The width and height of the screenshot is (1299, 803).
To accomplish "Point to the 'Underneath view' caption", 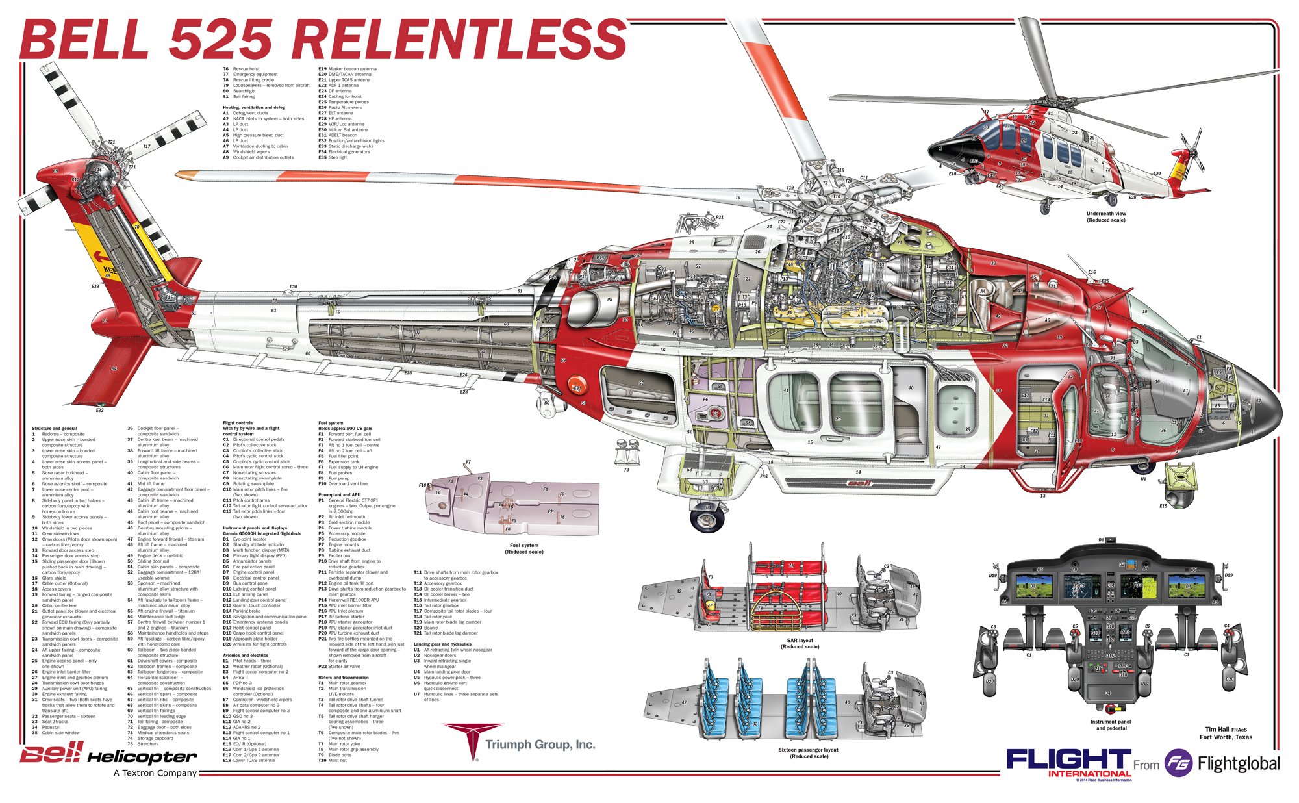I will coord(1106,216).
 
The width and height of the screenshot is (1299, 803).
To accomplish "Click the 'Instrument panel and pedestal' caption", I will coord(1111,724).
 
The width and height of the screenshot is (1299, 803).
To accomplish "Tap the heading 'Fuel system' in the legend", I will coord(331,423).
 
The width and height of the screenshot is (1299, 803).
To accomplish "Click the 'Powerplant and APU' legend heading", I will coord(339,495).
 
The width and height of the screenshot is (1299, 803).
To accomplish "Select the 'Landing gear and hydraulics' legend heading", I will coord(442,644).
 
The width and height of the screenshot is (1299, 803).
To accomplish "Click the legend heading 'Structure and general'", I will coord(55,429).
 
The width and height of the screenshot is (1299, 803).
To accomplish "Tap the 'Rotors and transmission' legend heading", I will coord(342,678).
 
